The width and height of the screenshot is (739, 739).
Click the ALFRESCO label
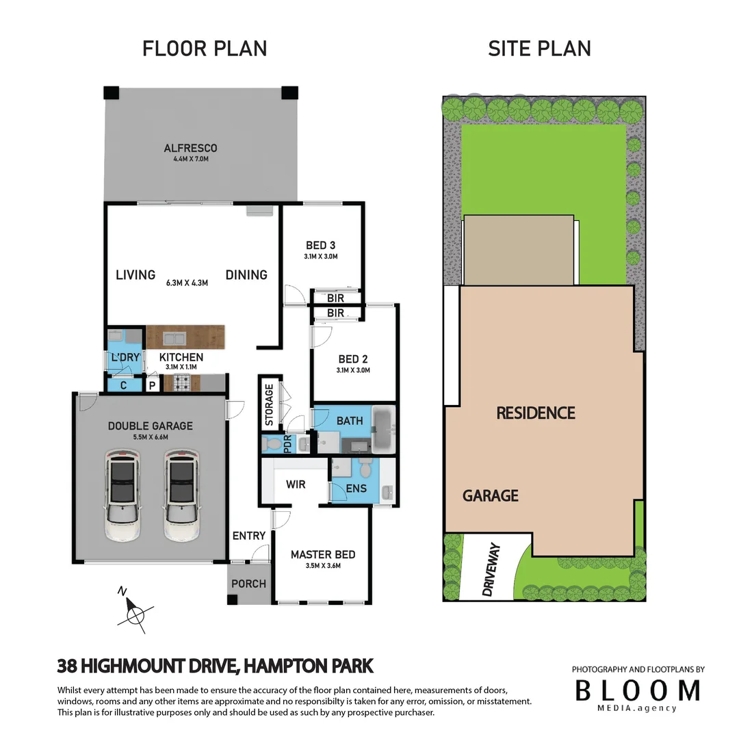190,148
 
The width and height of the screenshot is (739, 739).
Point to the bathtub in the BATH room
384,429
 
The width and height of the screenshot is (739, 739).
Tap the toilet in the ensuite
367,471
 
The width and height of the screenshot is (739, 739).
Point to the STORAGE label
269,405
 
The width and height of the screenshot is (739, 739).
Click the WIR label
296,484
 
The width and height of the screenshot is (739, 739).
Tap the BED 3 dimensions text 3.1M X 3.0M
322,257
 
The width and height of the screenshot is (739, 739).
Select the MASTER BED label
323,554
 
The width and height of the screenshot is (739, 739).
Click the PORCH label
249,584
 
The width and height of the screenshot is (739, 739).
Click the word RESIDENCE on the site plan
535,413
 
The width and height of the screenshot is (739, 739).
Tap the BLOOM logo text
637,690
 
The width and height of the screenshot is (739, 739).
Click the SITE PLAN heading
539,49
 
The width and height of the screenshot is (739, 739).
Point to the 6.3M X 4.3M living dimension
187,282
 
